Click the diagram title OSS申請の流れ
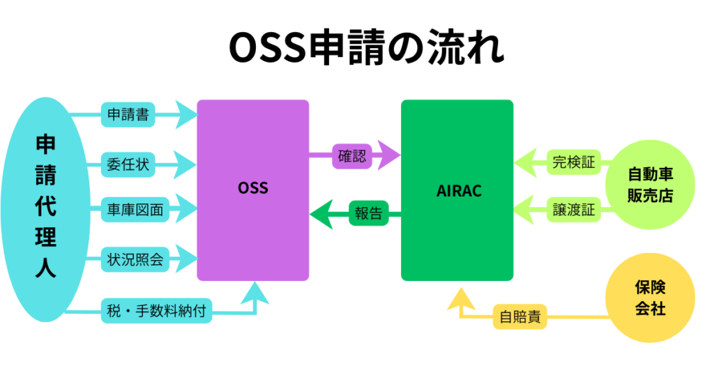coord(366,47)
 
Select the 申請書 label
coord(128,114)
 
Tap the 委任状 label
coord(128,164)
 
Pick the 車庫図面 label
coord(135,210)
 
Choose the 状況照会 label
coord(135,259)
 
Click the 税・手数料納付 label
coord(156,311)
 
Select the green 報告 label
coord(368,213)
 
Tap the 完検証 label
coord(574,162)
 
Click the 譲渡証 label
coord(574,210)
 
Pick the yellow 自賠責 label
coord(520,316)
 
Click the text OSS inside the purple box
coord(253,188)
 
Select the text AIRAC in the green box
coord(459,191)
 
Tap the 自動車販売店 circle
coord(651,185)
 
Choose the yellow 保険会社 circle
coord(651,298)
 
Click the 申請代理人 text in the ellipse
coord(45,206)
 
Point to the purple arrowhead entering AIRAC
coord(389,155)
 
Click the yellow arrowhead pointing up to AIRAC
coord(461,299)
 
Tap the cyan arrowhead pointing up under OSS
coord(255,293)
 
